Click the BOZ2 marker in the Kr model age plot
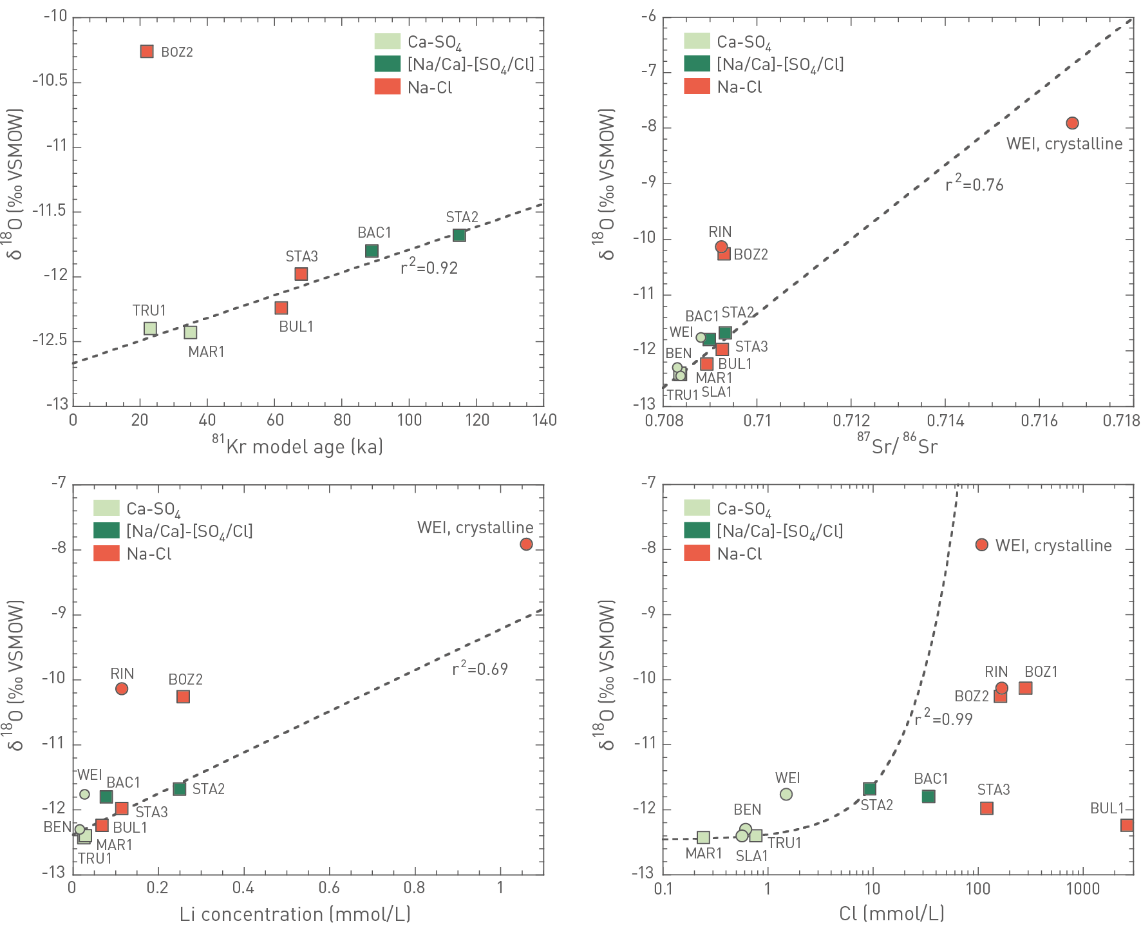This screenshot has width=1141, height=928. click(x=147, y=52)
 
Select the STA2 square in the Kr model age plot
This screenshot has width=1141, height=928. click(x=459, y=235)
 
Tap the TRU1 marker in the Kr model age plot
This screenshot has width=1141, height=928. click(x=150, y=328)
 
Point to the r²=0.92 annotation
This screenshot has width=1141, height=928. click(x=429, y=267)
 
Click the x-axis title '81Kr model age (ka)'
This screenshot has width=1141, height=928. click(x=297, y=446)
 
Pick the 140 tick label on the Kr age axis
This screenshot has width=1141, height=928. click(x=544, y=421)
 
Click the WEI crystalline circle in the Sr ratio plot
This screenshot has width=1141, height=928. click(x=1072, y=123)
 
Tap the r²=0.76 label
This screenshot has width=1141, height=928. click(x=974, y=184)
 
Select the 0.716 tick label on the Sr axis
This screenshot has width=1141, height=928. click(x=1039, y=421)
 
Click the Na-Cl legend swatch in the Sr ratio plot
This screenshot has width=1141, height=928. click(x=697, y=86)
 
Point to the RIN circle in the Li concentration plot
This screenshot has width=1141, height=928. click(x=122, y=689)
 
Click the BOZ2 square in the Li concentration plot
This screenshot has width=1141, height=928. click(x=184, y=697)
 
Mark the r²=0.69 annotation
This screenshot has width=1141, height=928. click(x=480, y=668)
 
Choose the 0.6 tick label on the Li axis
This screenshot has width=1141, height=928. click(x=329, y=888)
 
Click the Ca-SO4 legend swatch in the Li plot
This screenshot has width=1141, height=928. click(x=106, y=508)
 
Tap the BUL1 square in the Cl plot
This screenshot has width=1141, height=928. click(x=1127, y=825)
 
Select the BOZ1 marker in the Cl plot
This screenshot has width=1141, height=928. click(x=1026, y=688)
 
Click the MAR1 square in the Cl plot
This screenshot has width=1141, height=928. click(x=704, y=837)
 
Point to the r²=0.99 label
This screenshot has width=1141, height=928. click(x=943, y=717)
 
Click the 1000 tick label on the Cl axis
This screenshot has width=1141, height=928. click(x=1082, y=889)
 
